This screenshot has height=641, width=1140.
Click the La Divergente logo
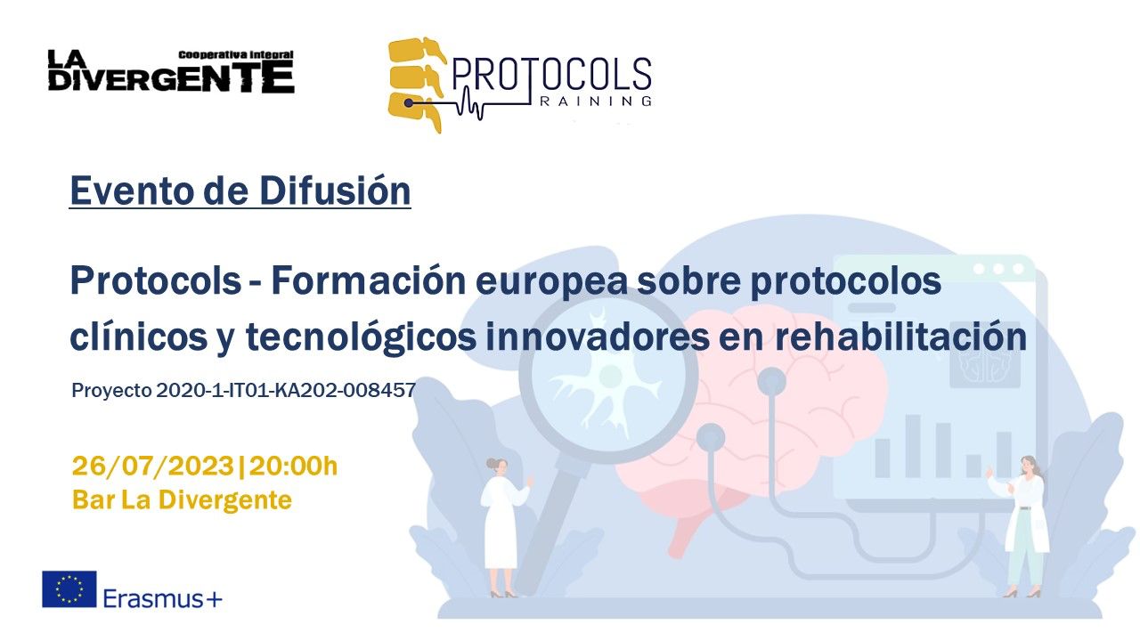(171, 71)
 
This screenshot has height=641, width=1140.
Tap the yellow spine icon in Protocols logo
(416, 85)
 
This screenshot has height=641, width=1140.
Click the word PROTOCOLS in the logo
(551, 77)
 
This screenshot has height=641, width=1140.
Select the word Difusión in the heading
(335, 191)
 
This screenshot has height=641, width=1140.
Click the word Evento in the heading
(134, 191)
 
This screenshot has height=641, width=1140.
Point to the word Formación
(369, 280)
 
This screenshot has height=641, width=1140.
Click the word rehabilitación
(900, 337)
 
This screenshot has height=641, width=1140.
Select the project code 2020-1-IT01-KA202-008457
(286, 391)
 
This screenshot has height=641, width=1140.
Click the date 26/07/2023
(153, 466)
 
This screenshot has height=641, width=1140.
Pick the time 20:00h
(293, 466)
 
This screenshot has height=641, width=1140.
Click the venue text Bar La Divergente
(183, 499)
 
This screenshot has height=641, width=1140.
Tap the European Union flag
(69, 589)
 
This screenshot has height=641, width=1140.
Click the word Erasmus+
(163, 598)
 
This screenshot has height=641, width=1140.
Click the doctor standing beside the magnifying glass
(504, 527)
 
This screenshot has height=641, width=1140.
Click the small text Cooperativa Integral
(236, 55)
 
